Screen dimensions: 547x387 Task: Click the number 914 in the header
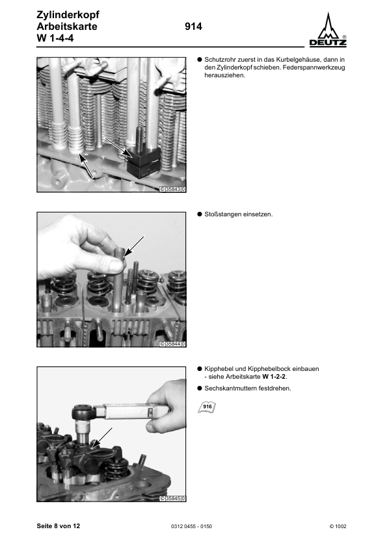(194, 27)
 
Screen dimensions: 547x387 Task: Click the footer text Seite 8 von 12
(59, 525)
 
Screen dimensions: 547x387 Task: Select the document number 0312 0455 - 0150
(194, 526)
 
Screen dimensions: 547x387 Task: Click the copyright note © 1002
(338, 526)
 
